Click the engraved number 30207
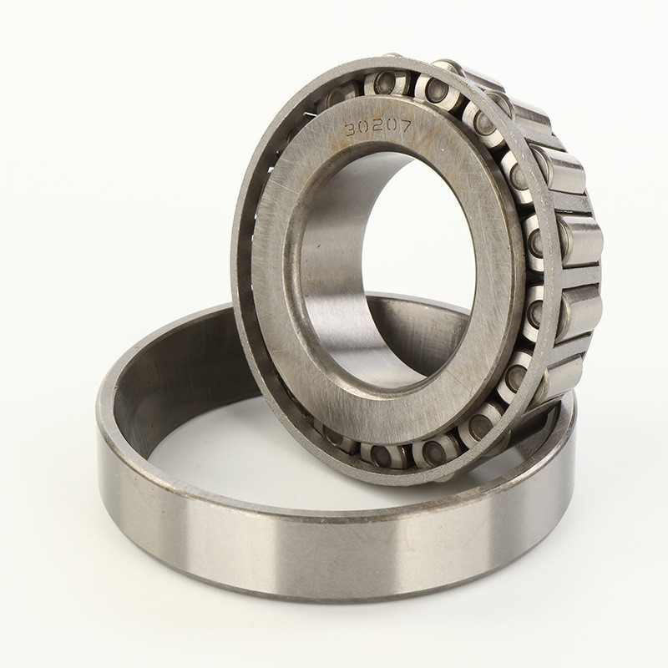coord(377,127)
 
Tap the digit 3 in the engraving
coord(351,129)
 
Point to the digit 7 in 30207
coord(405,125)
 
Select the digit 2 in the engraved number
coord(377,127)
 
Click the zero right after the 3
coord(364,128)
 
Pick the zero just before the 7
coord(391,126)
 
